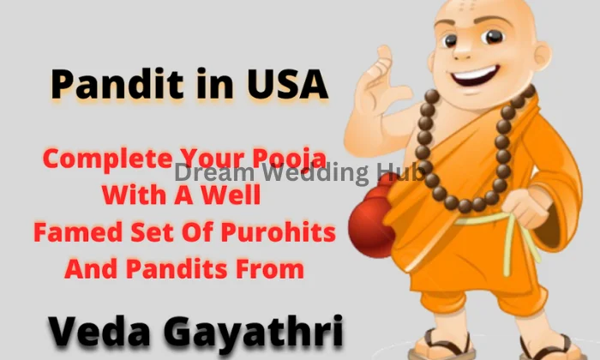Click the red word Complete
click(107, 159)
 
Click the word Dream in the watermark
click(208, 172)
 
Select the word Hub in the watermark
click(403, 172)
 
